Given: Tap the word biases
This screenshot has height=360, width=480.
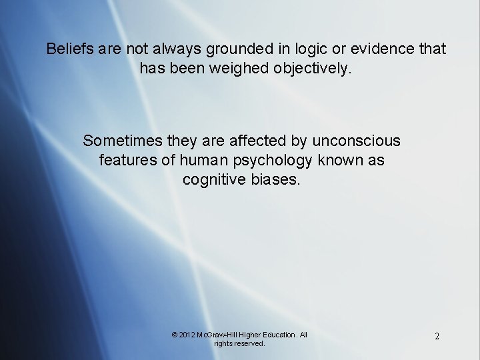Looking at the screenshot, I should (276, 179).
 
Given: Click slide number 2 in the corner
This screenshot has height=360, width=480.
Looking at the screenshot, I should (437, 337).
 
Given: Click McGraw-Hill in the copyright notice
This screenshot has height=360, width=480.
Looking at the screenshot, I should (222, 333).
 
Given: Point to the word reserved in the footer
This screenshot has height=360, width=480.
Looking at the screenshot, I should (249, 343).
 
